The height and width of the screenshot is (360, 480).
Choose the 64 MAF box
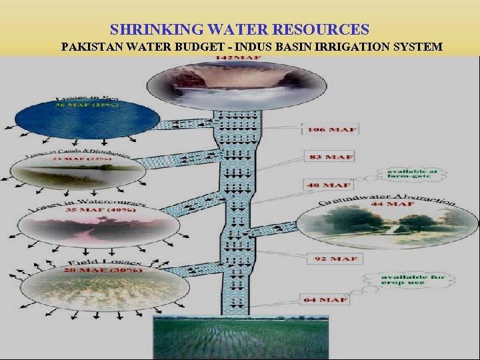point(326,299)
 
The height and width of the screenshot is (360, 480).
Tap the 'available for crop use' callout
point(404,280)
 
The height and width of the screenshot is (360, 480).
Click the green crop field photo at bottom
point(241,337)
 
